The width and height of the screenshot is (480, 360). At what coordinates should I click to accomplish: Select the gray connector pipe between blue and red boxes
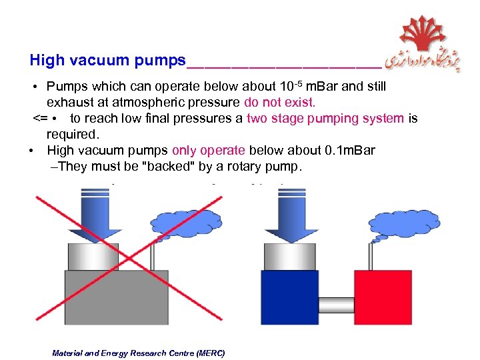tap(336, 305)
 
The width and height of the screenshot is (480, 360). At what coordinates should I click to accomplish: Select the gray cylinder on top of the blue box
tap(290, 257)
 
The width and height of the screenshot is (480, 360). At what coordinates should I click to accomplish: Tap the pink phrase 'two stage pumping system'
tap(325, 119)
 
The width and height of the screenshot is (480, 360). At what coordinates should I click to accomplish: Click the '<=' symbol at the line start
tap(41, 119)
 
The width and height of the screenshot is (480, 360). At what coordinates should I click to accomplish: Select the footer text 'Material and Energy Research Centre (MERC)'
tap(139, 353)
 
